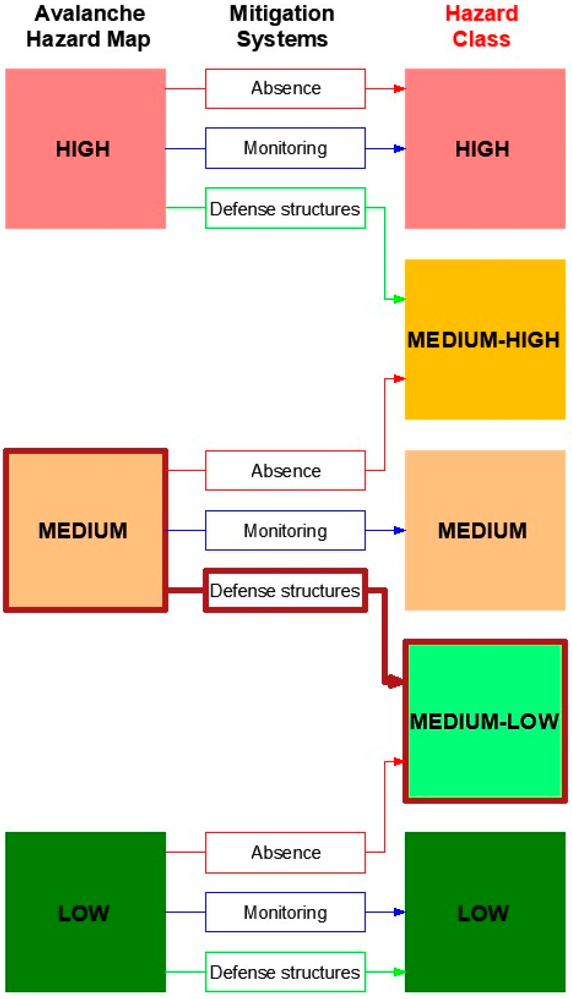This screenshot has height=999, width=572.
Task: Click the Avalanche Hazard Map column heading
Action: pos(89,27)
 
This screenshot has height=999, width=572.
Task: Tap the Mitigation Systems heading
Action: pos(282,27)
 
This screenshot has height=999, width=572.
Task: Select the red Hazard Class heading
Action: pos(482,27)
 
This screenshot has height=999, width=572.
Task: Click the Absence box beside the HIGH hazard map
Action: pos(285,89)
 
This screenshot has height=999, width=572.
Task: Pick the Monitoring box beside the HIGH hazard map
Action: pos(285,148)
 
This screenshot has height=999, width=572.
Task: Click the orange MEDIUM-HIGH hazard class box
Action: pos(485,339)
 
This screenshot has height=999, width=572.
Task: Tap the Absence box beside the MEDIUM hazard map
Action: pos(285,471)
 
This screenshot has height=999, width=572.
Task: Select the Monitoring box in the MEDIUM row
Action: pos(285,531)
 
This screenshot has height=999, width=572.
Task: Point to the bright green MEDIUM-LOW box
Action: pos(485,722)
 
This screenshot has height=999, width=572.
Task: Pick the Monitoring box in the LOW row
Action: pos(285,913)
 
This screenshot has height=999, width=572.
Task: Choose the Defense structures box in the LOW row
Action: pos(285,972)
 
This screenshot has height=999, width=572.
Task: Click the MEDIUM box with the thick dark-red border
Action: pos(86,531)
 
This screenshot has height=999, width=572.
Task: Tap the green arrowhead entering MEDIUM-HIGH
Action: pos(399,300)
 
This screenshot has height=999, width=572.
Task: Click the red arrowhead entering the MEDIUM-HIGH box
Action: pos(399,379)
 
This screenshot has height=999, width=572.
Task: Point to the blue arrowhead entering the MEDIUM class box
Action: pos(399,531)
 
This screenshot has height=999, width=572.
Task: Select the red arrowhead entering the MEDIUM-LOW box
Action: pos(399,761)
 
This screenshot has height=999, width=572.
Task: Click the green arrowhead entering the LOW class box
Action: pos(399,972)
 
